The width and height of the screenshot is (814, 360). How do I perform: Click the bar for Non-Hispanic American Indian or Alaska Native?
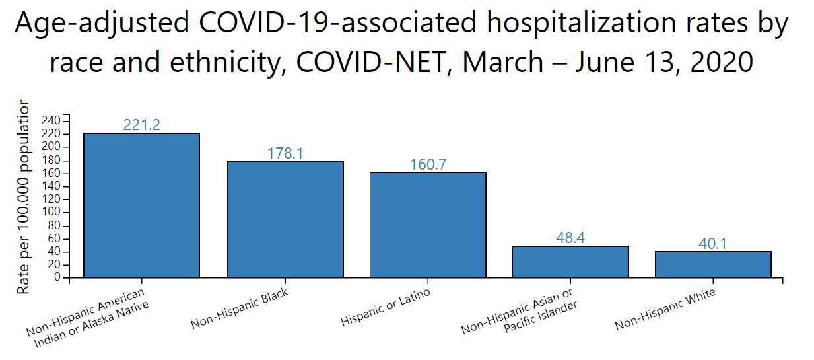click(141, 205)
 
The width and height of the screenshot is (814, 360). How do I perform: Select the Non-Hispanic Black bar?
click(285, 219)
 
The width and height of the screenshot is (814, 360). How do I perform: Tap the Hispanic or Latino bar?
click(428, 225)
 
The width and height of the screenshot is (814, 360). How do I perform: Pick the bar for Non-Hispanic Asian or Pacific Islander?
click(570, 262)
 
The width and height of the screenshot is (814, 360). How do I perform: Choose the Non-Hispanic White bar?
click(713, 264)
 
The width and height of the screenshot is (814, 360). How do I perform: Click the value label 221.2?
click(142, 125)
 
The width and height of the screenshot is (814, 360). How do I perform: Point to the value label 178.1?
click(285, 153)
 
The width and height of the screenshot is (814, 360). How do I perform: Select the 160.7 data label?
click(428, 164)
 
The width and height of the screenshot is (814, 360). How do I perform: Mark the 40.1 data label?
click(713, 244)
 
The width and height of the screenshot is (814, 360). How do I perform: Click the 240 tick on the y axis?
click(51, 120)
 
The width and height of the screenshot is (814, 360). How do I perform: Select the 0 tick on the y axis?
click(58, 278)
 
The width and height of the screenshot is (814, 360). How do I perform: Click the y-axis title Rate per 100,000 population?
click(23, 197)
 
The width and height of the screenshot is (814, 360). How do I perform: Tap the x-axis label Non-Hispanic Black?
click(239, 309)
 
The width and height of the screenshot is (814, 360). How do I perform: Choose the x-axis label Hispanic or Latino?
click(386, 308)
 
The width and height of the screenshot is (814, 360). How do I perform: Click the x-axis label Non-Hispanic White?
click(665, 310)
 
